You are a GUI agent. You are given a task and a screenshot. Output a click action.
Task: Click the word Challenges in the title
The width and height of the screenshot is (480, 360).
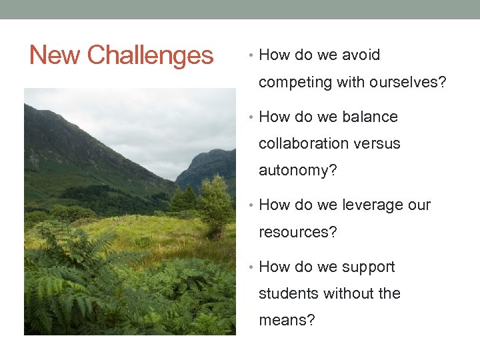150,55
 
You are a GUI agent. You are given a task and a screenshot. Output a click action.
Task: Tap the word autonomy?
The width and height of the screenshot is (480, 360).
297,171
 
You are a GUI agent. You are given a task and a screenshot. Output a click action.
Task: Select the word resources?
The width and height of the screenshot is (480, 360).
298,233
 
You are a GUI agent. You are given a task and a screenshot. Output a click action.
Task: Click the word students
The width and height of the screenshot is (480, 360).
287,294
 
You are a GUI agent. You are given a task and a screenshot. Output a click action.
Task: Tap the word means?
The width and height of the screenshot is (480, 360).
287,321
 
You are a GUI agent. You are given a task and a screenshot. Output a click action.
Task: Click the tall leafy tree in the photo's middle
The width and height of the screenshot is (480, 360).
215,203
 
